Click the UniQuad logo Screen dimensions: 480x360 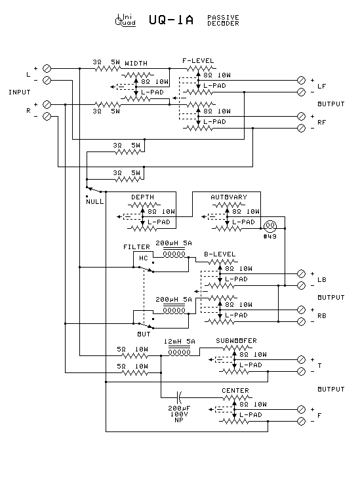point(125,20)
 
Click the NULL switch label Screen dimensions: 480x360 point(94,201)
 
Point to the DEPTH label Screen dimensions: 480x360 point(142,197)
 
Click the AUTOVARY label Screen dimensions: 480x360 point(229,197)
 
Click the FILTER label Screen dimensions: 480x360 point(137,247)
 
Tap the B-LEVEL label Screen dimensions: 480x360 point(219,254)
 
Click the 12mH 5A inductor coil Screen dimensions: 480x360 point(179,352)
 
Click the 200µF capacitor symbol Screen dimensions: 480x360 point(180,396)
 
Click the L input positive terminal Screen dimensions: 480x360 point(47,68)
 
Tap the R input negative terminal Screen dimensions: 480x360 point(47,116)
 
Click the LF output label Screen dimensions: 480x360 point(321,86)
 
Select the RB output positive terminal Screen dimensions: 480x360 point(301,310)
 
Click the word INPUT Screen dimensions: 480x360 point(20,92)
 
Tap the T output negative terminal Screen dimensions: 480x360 point(301,372)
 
